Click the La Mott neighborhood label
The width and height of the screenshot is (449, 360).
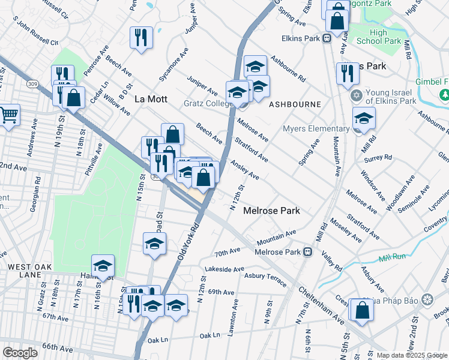click(x=150, y=98)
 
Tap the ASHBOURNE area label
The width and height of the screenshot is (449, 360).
click(x=295, y=104)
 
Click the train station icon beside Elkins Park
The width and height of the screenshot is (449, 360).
click(x=327, y=38)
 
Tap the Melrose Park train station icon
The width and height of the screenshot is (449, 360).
click(x=308, y=252)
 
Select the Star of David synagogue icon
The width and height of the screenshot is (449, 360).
click(x=356, y=96)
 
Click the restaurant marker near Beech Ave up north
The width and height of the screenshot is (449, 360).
click(x=141, y=37)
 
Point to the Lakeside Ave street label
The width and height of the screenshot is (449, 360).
click(x=224, y=269)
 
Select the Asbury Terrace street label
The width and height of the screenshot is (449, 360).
click(x=265, y=277)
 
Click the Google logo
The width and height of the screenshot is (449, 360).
click(x=20, y=353)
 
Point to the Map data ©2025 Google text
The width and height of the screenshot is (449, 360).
click(x=411, y=355)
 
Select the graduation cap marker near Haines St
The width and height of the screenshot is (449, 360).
click(x=103, y=266)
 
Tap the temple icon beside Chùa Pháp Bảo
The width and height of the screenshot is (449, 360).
click(x=427, y=299)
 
